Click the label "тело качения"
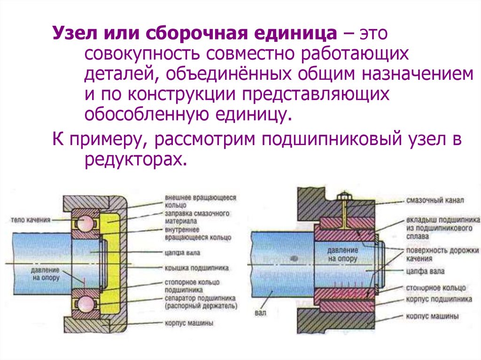click(30, 219)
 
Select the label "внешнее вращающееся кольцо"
click(200, 201)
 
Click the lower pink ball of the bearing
click(86, 304)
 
